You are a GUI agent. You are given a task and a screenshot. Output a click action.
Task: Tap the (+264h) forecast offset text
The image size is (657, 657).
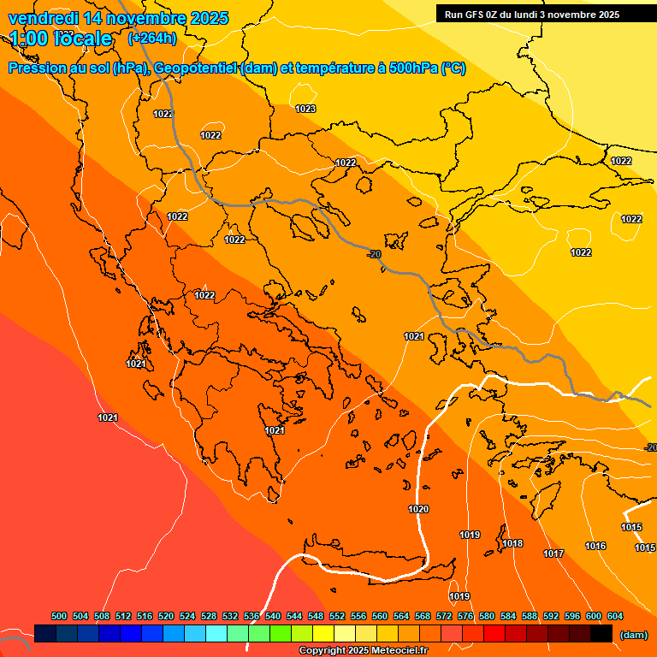(152, 38)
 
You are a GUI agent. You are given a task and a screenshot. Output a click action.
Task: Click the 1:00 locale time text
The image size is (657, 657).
(61, 38)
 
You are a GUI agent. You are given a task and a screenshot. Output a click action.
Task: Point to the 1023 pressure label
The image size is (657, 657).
(305, 109)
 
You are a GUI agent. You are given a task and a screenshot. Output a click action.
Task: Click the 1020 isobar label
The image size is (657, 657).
(418, 509)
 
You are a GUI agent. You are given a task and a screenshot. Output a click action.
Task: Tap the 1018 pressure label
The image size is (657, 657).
(512, 543)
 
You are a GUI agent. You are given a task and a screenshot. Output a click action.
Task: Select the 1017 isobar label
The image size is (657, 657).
(553, 553)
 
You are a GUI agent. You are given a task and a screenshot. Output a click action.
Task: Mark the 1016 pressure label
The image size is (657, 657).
(595, 546)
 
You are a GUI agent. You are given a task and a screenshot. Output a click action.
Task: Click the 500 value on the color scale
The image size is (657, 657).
(59, 616)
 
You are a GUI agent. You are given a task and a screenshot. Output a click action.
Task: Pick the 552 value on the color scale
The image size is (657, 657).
(337, 616)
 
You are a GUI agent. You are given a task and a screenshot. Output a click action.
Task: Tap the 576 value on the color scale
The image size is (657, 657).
(465, 616)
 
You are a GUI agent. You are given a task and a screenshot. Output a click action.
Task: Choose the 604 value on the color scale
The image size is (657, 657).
(615, 616)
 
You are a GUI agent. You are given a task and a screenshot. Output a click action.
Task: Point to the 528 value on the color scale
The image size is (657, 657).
(209, 616)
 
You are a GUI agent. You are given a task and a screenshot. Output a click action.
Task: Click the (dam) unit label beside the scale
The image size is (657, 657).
(633, 634)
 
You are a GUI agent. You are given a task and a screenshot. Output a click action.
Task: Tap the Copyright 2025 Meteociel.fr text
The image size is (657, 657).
(363, 651)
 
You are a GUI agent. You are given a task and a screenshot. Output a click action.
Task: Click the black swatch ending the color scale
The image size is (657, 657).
(601, 633)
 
